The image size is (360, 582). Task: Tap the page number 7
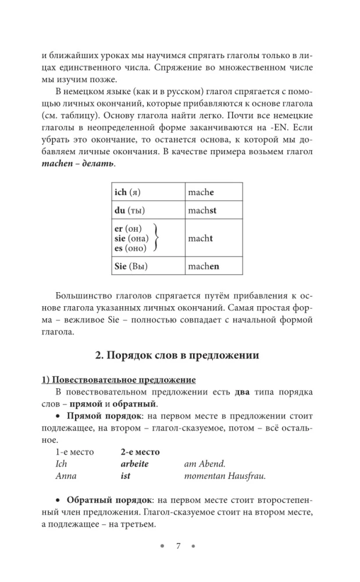[x=180, y=545]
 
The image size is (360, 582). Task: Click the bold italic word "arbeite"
[x=134, y=463]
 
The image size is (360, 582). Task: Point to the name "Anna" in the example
[x=66, y=475]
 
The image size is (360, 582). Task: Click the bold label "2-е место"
[x=140, y=452]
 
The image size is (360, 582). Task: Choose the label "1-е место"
[x=70, y=452]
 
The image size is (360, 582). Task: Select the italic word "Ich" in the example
[x=61, y=463]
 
